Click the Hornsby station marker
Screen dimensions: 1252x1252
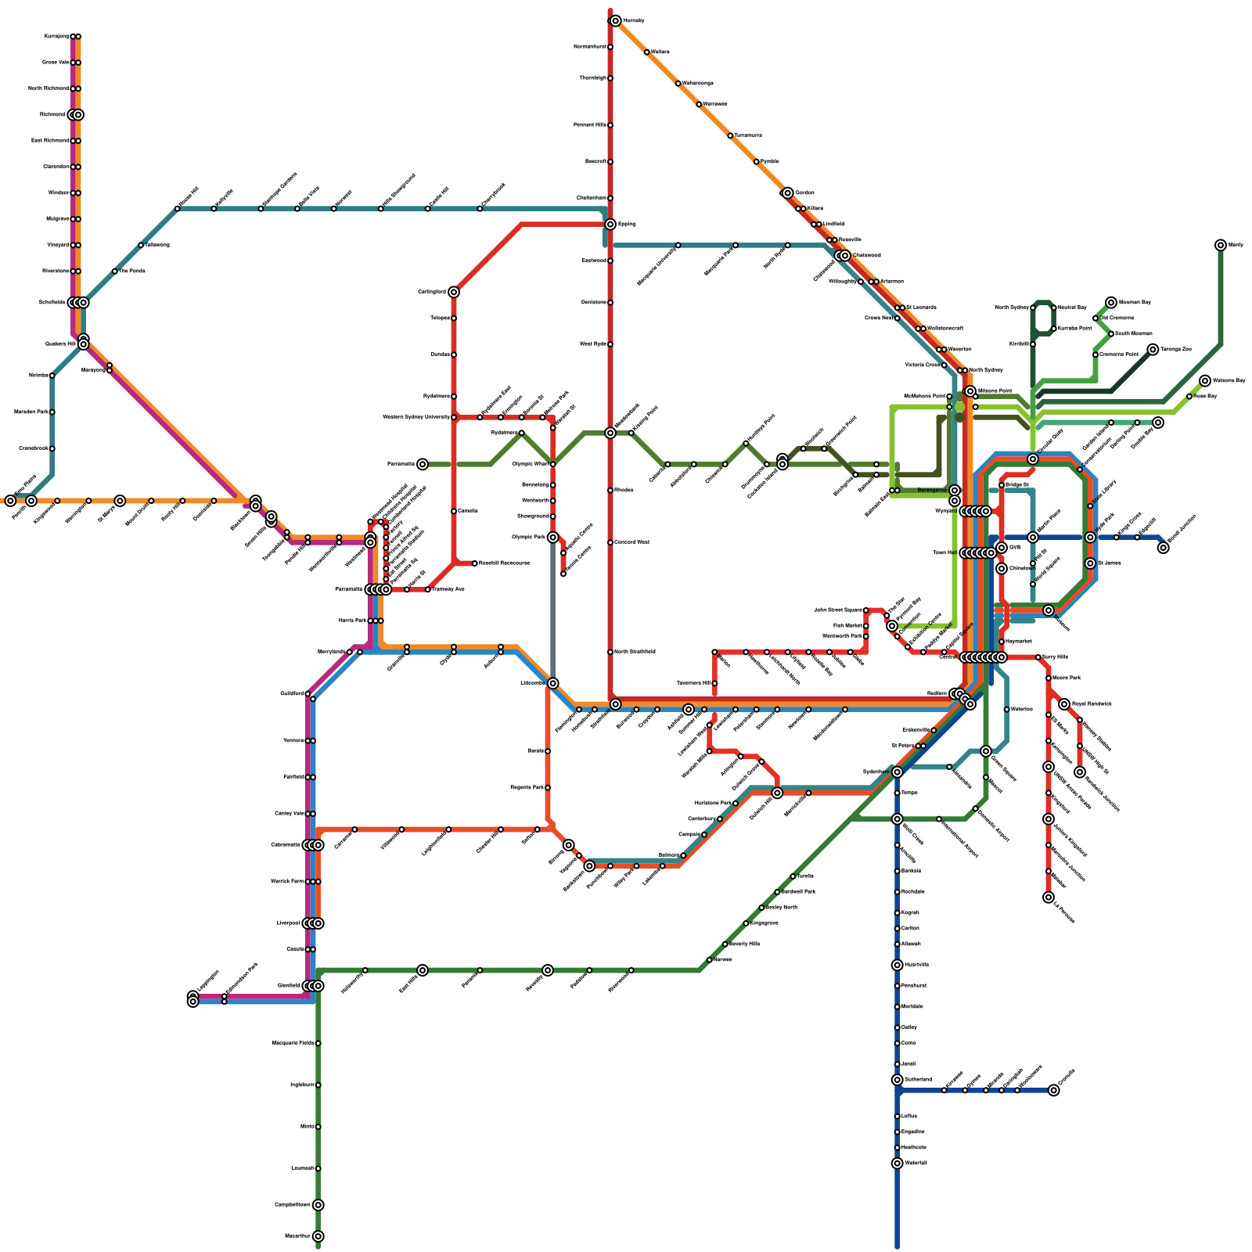click(616, 21)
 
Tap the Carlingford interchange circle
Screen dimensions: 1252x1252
click(454, 292)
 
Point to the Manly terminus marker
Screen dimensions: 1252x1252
click(1221, 245)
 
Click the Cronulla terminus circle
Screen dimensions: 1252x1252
click(1054, 1090)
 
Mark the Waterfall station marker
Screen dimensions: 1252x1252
click(897, 1164)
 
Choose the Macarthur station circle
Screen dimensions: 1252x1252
click(318, 1236)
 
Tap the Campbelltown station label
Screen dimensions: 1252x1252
click(293, 1205)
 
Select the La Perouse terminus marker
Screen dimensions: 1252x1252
click(1049, 898)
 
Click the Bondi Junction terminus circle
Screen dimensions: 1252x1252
click(1164, 548)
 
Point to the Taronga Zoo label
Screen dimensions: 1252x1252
click(1175, 349)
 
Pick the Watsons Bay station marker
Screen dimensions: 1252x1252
click(1205, 381)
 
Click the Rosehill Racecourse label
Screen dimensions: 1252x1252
click(504, 563)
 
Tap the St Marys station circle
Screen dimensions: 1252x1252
click(120, 501)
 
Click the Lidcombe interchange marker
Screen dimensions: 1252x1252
click(553, 683)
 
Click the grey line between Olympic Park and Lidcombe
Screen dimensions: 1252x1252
click(553, 610)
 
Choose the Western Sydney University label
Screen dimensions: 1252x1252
click(416, 417)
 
